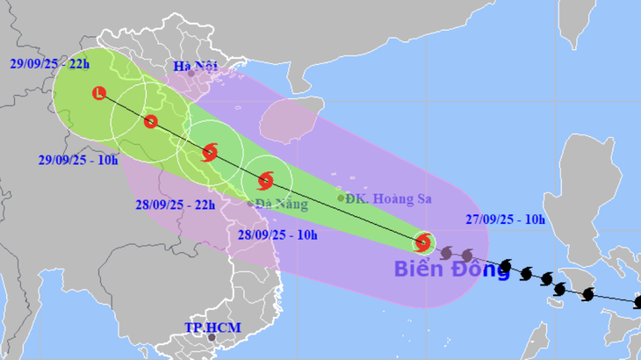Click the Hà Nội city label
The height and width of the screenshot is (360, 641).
point(195,66)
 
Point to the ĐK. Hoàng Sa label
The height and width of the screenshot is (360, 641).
point(390,199)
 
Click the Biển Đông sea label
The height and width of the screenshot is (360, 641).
point(451,269)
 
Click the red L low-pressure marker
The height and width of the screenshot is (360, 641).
point(98,93)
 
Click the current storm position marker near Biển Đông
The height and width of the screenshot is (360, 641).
point(422,242)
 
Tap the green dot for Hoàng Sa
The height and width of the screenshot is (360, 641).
point(341,198)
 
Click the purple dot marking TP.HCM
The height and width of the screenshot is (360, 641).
point(212,336)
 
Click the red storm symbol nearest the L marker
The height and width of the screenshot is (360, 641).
point(151,122)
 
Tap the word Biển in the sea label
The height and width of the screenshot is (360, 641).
point(417,269)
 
